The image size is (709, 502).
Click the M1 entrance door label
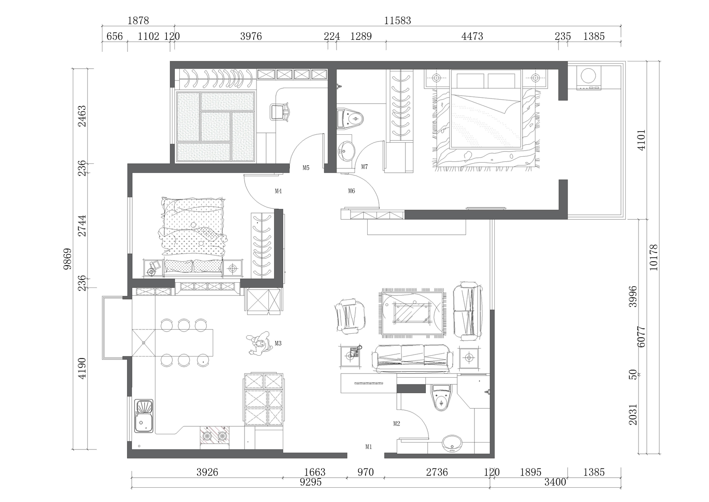click(x=368, y=447)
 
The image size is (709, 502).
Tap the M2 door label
click(x=396, y=424)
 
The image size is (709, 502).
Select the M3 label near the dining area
click(x=278, y=343)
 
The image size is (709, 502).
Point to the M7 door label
click(x=364, y=167)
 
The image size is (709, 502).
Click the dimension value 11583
click(x=398, y=20)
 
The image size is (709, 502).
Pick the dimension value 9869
click(x=68, y=259)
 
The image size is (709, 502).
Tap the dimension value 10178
click(x=654, y=258)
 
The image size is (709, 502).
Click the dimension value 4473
click(x=472, y=36)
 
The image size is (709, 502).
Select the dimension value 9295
click(x=311, y=482)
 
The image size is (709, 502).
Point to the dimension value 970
click(x=365, y=472)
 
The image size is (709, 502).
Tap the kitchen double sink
click(x=144, y=416)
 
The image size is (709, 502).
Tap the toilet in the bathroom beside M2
click(x=441, y=398)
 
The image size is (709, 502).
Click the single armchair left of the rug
click(x=349, y=317)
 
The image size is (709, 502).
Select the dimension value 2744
click(x=82, y=226)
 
